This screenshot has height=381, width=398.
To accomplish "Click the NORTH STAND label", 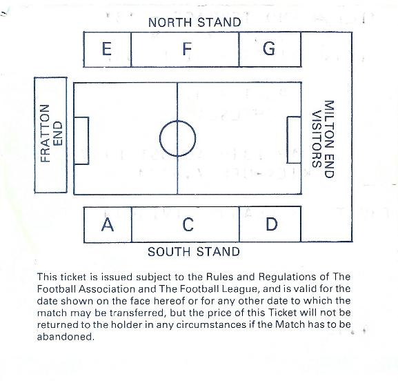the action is tap(195, 22).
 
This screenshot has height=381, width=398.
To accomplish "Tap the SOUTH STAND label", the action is tap(194, 252).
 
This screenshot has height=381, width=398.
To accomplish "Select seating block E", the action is tap(108, 50).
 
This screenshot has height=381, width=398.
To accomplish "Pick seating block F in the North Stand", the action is tap(185, 50).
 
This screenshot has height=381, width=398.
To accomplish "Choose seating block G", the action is tap(270, 50).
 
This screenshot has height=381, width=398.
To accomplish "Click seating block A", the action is tap(108, 224).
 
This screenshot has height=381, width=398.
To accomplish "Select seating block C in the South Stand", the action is tap(186, 224).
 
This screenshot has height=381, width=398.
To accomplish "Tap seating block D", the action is tap(270, 224).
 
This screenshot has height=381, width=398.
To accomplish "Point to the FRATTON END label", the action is tap(51, 134).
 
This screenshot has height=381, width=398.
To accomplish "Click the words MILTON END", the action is tap(329, 139).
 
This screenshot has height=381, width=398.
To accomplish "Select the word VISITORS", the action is tap(317, 139).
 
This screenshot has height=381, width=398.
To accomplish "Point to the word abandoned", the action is tap(66, 337).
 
